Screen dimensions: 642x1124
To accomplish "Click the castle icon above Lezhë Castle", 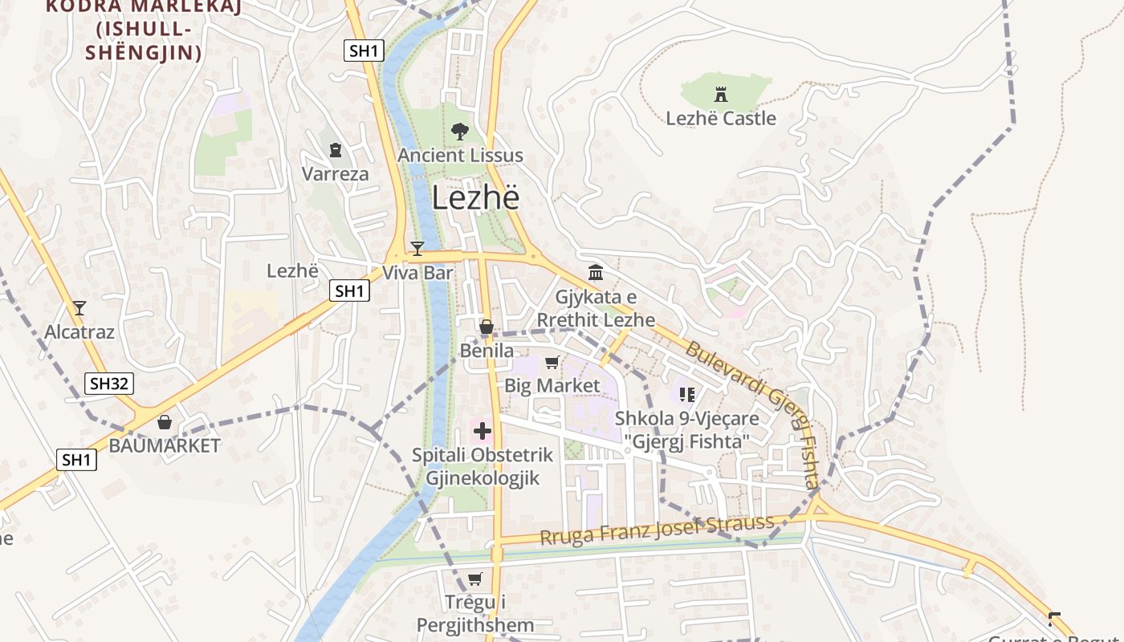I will [x=721, y=95].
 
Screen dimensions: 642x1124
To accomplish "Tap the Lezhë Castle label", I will [x=721, y=119].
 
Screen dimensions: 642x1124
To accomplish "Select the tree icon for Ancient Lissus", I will [x=459, y=131].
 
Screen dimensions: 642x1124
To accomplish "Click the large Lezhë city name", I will [x=475, y=198].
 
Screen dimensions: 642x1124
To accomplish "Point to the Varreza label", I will [x=335, y=174].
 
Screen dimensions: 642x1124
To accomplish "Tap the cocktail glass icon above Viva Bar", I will [x=417, y=248].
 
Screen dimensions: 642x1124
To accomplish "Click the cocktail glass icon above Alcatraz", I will [x=79, y=307].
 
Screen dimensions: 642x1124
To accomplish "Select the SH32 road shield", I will [x=109, y=384].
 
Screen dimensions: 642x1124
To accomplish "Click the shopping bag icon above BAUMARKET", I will [x=165, y=422].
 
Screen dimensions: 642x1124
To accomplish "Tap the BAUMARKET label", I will [x=165, y=446].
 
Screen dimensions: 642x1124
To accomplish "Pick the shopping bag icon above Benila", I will [x=487, y=327].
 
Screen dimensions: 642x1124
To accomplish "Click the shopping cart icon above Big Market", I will [x=552, y=363].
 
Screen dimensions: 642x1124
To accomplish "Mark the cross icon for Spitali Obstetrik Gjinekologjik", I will [x=482, y=432].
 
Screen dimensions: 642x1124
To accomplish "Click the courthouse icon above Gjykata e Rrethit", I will [x=596, y=273].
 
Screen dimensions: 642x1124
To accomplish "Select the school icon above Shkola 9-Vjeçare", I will [x=686, y=394].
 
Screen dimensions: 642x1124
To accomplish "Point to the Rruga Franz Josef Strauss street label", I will [x=657, y=530].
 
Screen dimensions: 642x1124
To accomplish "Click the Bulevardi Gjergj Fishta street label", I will [x=755, y=413].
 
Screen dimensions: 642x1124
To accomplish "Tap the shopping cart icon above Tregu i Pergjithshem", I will [x=475, y=579].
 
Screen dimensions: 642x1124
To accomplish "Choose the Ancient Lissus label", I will [x=460, y=156].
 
